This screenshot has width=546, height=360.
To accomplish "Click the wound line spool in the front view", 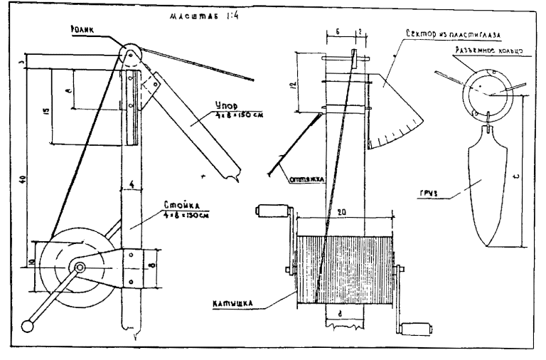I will click(x=344, y=269).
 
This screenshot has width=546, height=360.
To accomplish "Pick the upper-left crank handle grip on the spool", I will click(x=270, y=211).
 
